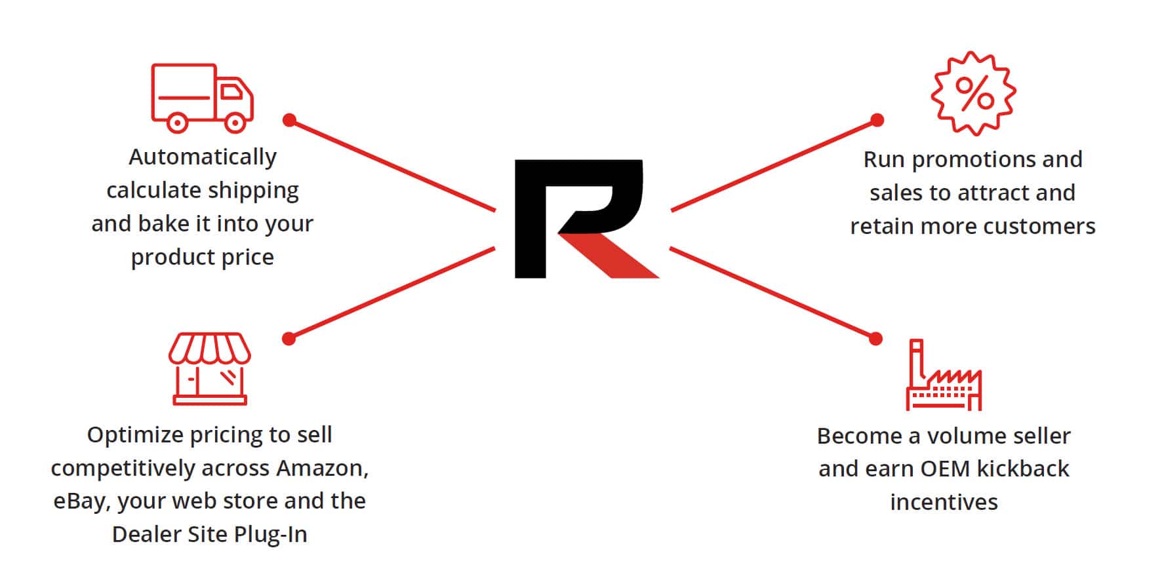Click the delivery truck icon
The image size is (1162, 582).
202,98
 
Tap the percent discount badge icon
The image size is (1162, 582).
974,93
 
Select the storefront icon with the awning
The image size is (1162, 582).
209,368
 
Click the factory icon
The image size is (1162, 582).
944,376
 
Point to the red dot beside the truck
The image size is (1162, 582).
289,120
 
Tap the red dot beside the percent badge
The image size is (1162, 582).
877,120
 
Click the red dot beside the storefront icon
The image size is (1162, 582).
289,338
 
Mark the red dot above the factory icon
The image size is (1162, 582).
875,338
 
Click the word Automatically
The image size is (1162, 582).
203,157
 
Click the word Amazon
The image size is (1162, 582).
322,468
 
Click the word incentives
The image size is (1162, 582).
944,502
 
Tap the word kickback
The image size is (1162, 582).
1022,469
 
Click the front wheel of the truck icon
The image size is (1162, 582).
235,122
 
